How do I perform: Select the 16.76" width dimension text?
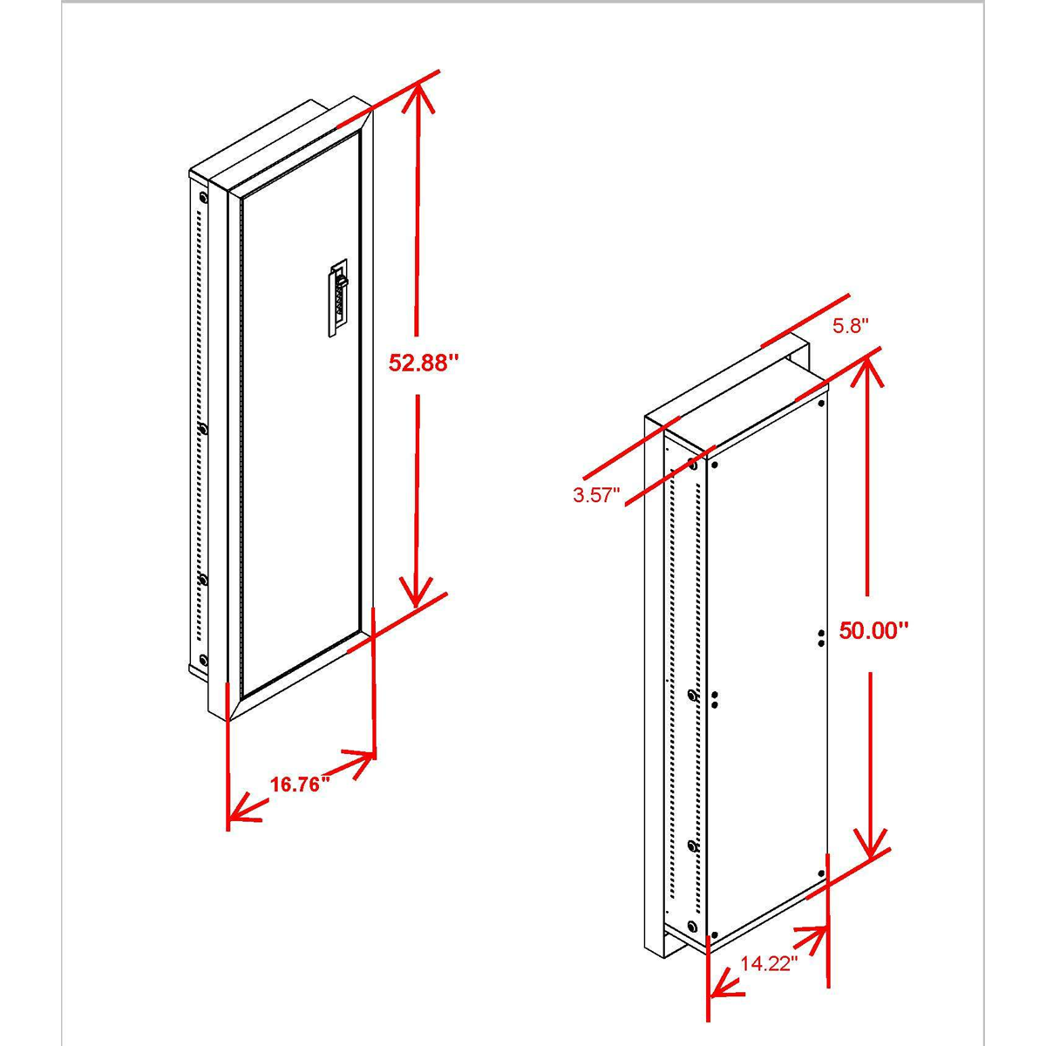click(301, 784)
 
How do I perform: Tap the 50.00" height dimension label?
click(873, 630)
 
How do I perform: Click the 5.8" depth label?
click(851, 326)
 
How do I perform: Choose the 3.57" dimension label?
click(596, 495)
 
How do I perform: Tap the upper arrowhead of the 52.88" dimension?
click(417, 98)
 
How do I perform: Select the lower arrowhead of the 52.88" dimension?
click(416, 592)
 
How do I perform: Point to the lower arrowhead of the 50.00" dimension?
click(870, 844)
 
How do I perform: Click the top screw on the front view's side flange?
click(204, 196)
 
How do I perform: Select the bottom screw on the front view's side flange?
click(203, 660)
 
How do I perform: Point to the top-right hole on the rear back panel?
click(821, 404)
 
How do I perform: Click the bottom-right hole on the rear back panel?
click(821, 888)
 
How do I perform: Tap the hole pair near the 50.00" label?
click(820, 638)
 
